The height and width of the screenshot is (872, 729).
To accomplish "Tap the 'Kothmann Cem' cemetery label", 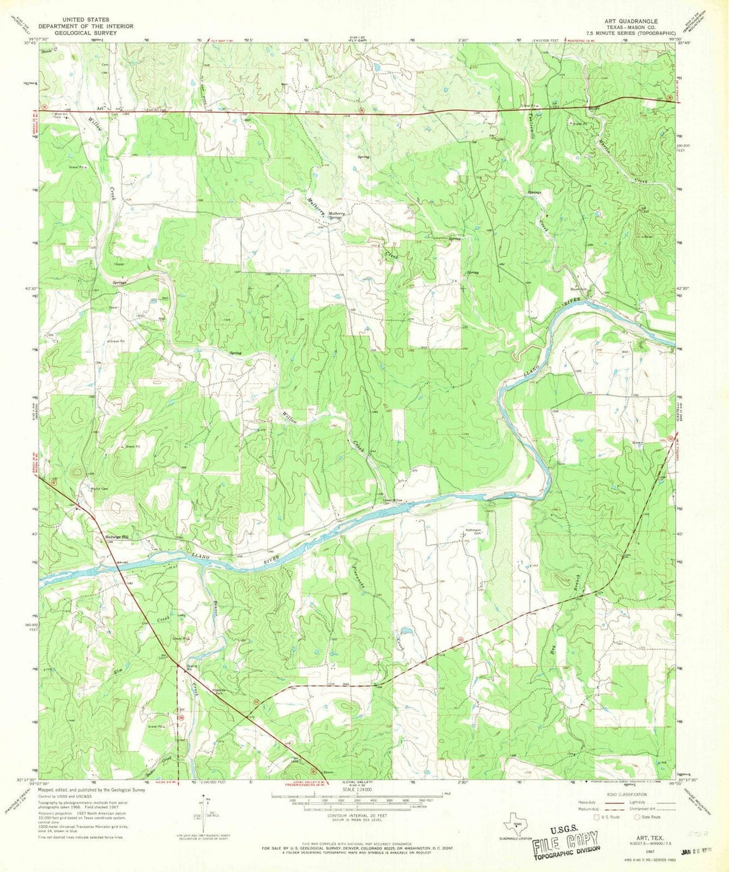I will click(x=471, y=532).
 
